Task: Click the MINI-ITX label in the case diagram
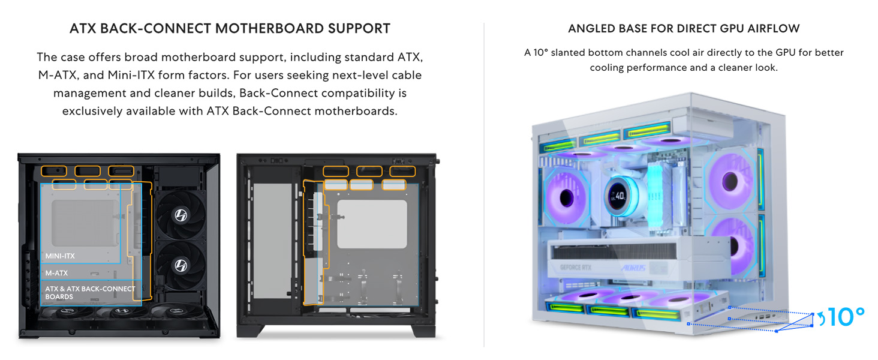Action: tap(60, 256)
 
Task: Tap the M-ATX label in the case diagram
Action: tap(57, 273)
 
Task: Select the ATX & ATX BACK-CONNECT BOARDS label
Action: tap(90, 293)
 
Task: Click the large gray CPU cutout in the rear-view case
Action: tap(372, 224)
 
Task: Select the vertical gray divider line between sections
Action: tap(484, 180)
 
